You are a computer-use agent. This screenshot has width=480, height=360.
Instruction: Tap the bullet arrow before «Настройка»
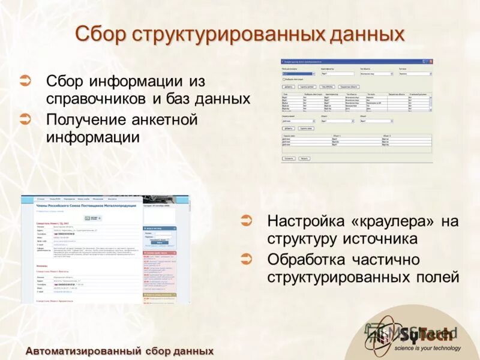click(246, 220)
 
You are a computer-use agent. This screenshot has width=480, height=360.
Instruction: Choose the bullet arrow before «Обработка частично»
click(246, 259)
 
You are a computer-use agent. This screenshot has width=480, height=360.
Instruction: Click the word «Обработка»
click(306, 259)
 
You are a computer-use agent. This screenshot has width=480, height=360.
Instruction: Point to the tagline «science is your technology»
click(427, 348)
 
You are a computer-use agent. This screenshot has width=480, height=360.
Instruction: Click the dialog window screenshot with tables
click(356, 110)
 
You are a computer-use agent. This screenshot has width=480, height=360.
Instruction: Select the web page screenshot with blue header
click(106, 249)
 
